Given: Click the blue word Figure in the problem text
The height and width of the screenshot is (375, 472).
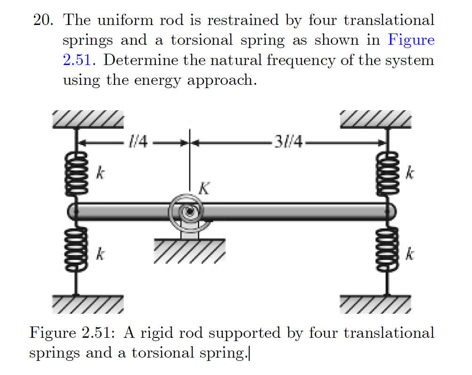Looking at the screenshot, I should point(411,41).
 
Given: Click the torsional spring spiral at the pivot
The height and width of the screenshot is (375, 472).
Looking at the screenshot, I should point(187,211).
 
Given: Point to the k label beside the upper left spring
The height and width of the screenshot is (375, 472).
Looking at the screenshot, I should point(100,173).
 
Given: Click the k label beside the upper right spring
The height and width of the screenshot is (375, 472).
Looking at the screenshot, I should point(411,173).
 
